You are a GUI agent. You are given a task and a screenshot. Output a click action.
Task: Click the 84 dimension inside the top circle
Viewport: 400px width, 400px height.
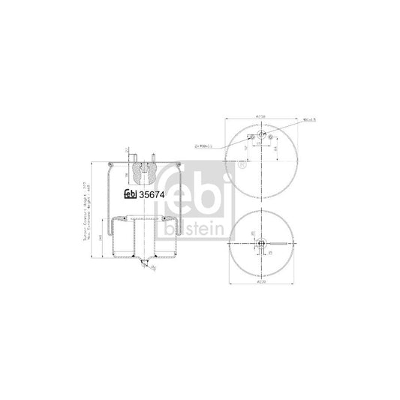277,149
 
